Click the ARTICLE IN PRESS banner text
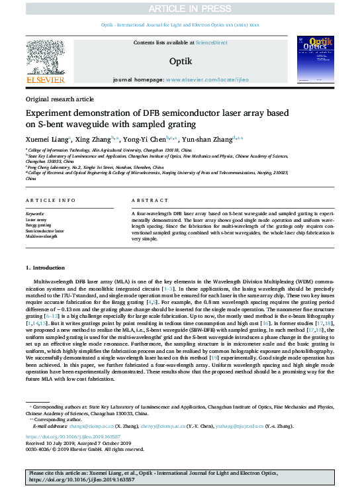[x=179, y=8]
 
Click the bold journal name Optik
[x=180, y=61]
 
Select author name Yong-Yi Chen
[x=144, y=139]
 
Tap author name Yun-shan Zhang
[x=213, y=139]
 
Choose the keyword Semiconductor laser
[x=44, y=230]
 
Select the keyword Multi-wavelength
[x=41, y=236]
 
